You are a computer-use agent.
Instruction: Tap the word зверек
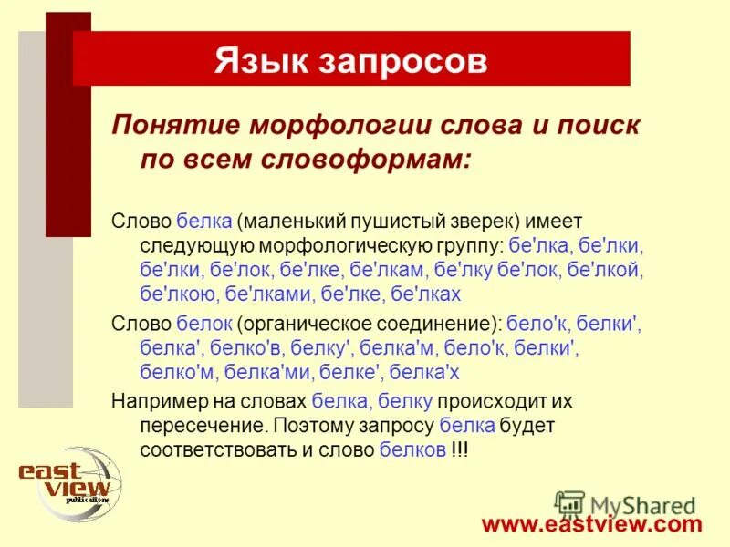478,222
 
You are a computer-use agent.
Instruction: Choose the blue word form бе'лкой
606,270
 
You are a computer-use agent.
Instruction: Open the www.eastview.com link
592,524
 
